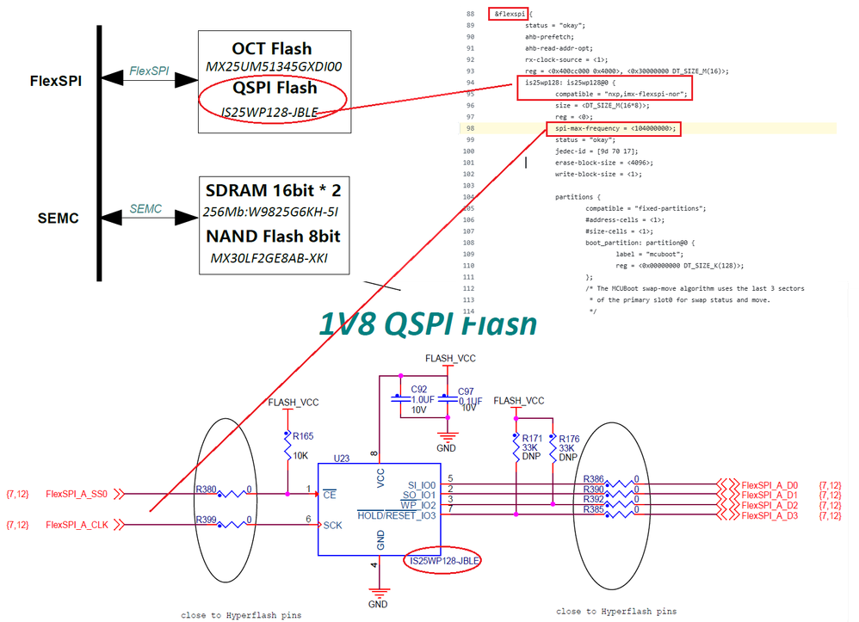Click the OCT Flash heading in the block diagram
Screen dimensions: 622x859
click(271, 48)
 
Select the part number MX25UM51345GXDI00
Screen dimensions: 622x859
click(274, 66)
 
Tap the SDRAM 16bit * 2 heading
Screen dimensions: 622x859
click(273, 191)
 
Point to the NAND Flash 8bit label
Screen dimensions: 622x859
click(273, 235)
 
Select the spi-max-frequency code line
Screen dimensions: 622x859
click(612, 128)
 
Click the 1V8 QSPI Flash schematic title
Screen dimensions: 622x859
click(428, 323)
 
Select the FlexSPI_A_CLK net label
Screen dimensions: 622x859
click(77, 524)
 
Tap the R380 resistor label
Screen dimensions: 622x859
click(206, 489)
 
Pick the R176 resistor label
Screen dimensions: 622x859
click(569, 439)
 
